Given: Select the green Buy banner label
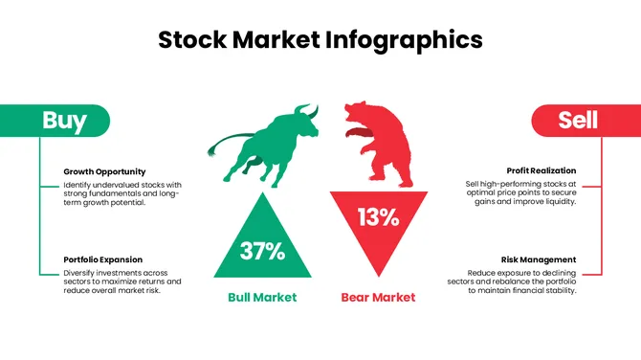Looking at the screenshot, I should [x=64, y=121].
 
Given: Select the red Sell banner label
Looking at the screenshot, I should [x=578, y=120].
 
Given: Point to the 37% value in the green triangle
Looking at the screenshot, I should [x=262, y=252].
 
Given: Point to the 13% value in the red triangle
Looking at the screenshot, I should [x=378, y=217].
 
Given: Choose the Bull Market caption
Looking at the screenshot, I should [x=262, y=297].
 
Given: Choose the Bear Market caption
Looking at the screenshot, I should [x=378, y=297].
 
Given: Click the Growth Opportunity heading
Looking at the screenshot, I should [x=105, y=171].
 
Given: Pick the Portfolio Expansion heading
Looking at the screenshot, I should [x=103, y=259].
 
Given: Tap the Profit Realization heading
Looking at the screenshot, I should [x=542, y=171].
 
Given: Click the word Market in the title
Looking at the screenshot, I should [x=282, y=40].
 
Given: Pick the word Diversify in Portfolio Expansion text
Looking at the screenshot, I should [x=81, y=272].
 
